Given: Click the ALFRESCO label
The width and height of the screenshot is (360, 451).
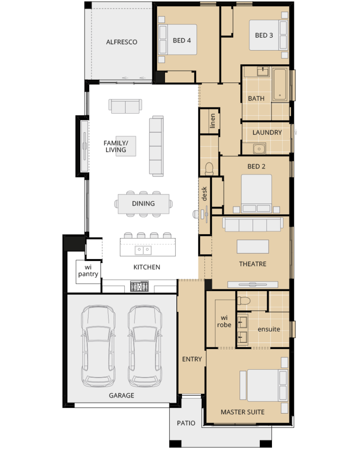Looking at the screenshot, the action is (122, 42).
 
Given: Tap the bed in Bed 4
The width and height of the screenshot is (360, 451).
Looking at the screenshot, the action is (178, 40).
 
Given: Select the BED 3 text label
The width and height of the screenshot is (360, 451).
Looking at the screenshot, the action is (264, 35).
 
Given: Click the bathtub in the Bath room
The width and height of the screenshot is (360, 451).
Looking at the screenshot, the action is (280, 84).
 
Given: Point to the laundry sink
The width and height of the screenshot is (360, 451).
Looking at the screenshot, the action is (259, 149).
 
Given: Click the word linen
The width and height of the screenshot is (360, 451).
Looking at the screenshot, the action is (213, 121).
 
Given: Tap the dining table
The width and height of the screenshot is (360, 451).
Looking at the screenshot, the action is (144, 204).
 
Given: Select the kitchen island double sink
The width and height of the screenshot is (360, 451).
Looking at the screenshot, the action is (143, 250).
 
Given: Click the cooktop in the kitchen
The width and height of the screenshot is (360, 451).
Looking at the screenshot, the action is (139, 286).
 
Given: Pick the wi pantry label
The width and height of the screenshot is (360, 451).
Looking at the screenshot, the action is (88, 271).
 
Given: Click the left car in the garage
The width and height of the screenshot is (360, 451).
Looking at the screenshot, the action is (99, 346).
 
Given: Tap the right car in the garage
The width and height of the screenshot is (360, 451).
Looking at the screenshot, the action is (145, 346).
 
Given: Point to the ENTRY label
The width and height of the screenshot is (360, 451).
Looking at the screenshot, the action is (192, 359).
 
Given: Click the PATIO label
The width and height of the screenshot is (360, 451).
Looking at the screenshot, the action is (186, 423).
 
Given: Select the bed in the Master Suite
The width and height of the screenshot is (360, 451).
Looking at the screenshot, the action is (264, 385).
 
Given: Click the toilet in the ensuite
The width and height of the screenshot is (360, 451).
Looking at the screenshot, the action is (243, 301).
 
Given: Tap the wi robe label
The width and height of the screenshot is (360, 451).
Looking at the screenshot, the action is (224, 321).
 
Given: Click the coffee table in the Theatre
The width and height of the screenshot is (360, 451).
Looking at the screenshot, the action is (253, 246).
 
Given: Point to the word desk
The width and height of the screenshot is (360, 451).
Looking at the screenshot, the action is (205, 194).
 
